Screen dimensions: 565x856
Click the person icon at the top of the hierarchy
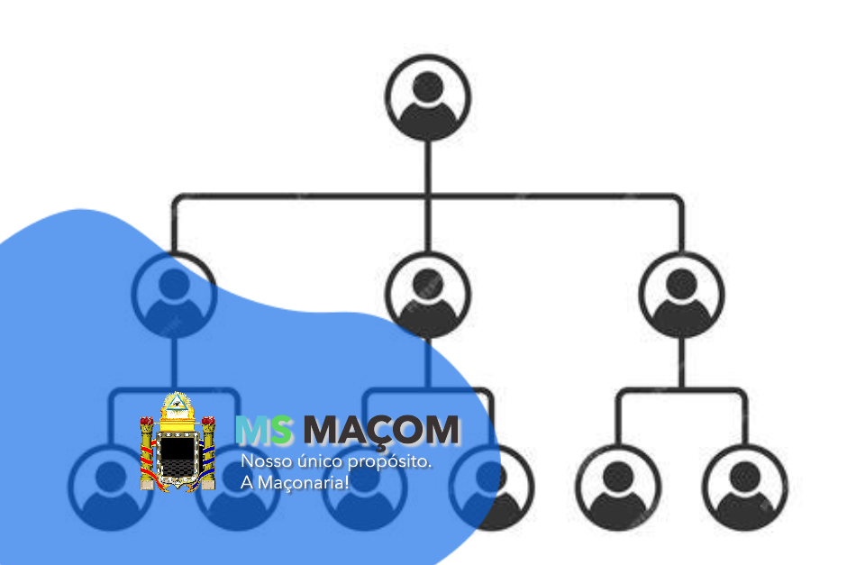coord(428,96)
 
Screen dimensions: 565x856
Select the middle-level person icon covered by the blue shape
coord(173,293)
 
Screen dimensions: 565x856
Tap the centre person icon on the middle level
coord(428,294)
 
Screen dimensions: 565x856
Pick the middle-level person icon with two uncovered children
coord(682,294)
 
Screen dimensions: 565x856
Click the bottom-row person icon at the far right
coord(745,487)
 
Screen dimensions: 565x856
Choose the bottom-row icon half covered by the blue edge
coord(491,487)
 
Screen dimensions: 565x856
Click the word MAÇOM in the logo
coord(381,432)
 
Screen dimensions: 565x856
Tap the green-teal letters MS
coord(264,432)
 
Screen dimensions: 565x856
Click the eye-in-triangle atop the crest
coord(178,406)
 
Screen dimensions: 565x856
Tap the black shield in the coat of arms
coord(177,455)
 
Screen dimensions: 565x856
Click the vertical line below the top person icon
coord(428,167)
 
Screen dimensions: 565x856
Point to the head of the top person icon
coord(428,87)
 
